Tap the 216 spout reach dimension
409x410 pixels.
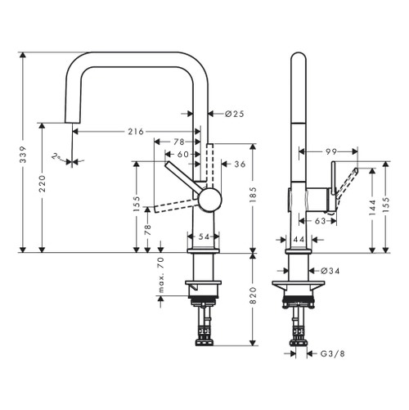tap(135, 131)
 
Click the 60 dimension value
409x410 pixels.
tap(183, 154)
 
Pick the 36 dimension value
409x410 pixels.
tap(240, 164)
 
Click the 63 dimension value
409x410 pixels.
tap(321, 220)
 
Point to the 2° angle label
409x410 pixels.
tap(55, 155)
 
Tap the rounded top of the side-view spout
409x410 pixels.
tap(299, 59)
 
